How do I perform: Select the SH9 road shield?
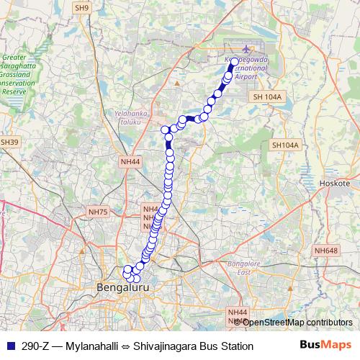[82, 7]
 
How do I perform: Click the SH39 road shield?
[9, 143]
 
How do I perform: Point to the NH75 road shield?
[96, 212]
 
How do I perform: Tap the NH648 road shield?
[325, 251]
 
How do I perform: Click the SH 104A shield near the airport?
[269, 96]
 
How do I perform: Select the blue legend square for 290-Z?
[9, 346]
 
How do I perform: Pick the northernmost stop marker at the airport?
[234, 62]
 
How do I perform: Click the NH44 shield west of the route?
[130, 162]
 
